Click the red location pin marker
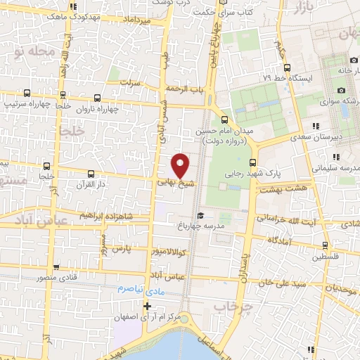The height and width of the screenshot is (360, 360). (x=181, y=165)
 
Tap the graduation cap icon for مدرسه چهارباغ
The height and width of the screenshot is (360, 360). (x=200, y=215)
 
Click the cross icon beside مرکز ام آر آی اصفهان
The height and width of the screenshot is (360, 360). (x=146, y=306)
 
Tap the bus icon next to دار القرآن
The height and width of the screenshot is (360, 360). (x=90, y=174)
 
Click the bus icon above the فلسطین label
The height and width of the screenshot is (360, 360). (x=324, y=245)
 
